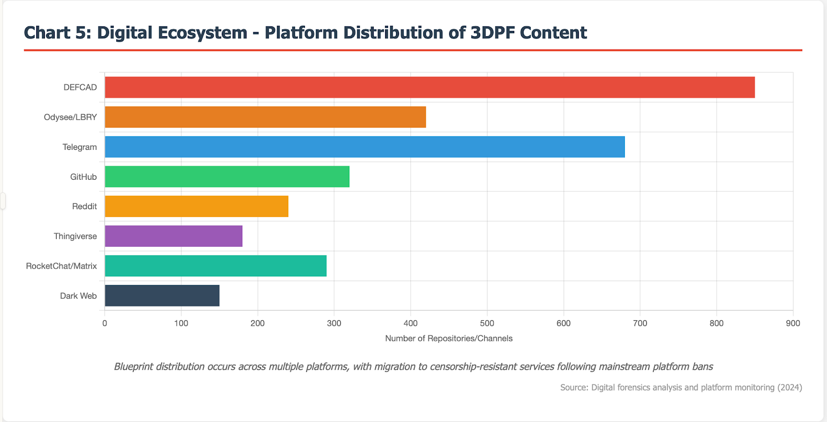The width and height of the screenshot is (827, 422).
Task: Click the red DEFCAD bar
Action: [429, 87]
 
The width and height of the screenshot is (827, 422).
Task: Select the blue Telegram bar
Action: [364, 147]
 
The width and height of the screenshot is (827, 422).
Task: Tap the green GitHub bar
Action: [227, 177]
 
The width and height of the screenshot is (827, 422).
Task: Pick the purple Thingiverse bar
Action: [173, 236]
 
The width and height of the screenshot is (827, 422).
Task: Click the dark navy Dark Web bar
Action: [162, 295]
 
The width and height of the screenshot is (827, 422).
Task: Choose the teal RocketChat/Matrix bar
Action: [216, 265]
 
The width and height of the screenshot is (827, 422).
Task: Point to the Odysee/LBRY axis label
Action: [70, 117]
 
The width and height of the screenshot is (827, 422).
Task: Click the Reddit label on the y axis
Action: [84, 207]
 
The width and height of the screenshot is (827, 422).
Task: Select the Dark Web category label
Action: [78, 296]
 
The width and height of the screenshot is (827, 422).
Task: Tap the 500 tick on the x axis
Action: [487, 323]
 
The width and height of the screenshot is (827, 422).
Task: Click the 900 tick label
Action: [793, 323]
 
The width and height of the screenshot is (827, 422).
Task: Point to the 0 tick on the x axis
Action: [105, 323]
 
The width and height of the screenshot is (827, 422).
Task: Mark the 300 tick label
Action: [334, 323]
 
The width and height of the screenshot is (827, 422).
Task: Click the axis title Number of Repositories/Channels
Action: [449, 338]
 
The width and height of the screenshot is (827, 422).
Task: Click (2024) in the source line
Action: [789, 387]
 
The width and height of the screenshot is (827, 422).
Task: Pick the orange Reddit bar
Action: [196, 207]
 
